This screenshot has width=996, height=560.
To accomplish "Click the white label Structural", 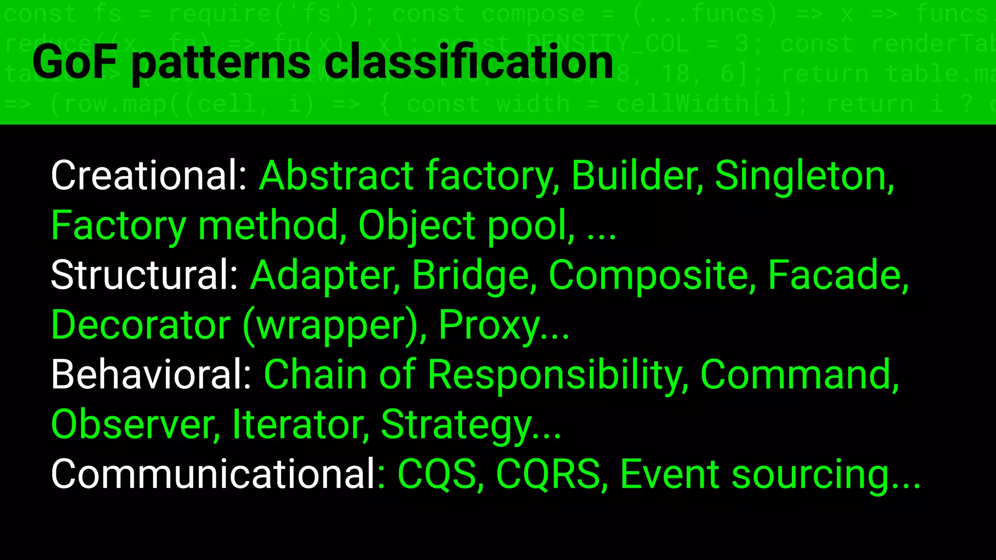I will (144, 275).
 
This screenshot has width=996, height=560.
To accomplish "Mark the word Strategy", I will (456, 424).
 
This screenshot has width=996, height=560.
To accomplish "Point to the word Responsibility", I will (558, 374).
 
